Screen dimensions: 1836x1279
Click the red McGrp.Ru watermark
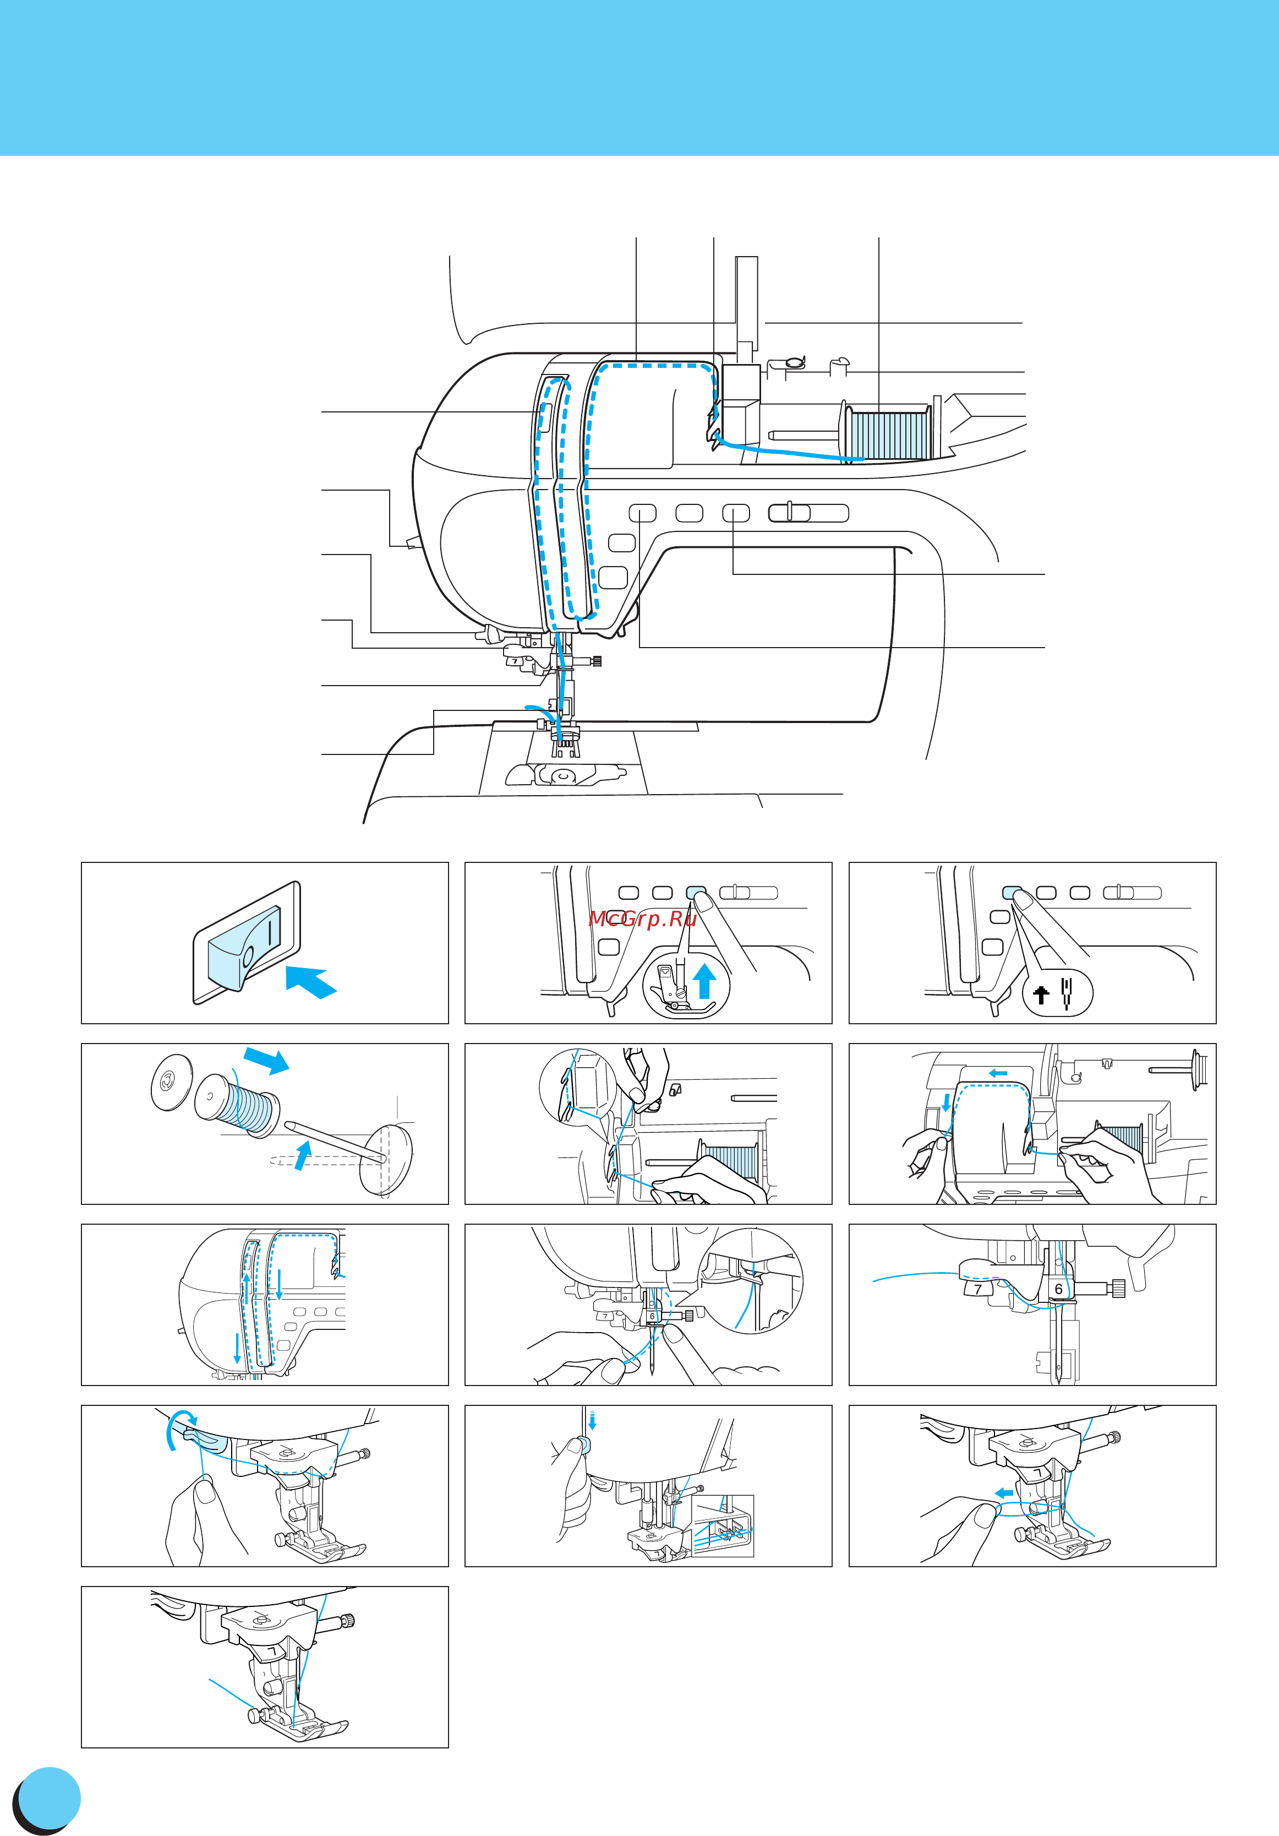[643, 918]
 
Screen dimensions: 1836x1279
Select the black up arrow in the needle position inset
[1041, 995]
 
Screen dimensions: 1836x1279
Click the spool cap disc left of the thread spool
[172, 1082]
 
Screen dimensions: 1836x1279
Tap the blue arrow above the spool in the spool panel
[267, 1060]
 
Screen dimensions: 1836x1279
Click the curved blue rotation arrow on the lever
[177, 1428]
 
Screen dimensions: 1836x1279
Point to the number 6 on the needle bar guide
[1058, 1289]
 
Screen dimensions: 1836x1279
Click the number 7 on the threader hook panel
[977, 1289]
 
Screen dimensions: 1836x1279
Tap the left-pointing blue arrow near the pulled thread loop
[1004, 1492]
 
